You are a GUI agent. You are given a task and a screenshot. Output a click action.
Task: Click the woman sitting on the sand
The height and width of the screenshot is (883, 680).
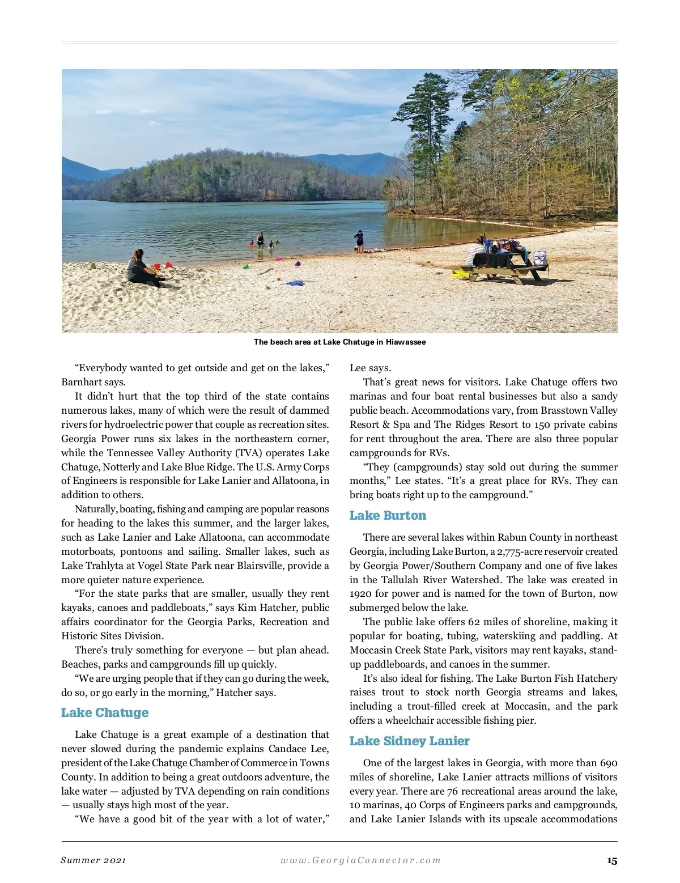pyautogui.click(x=139, y=269)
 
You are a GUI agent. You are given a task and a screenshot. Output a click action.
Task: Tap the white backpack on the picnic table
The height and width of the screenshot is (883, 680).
pyautogui.click(x=539, y=258)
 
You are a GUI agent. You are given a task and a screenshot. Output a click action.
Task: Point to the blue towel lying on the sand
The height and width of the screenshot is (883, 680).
pyautogui.click(x=295, y=283)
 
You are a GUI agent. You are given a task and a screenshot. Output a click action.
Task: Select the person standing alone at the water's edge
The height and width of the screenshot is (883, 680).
pyautogui.click(x=359, y=240)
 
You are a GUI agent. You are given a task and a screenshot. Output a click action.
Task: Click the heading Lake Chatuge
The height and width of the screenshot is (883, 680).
pyautogui.click(x=105, y=712)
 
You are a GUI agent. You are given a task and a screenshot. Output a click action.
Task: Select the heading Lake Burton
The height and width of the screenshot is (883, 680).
pyautogui.click(x=388, y=515)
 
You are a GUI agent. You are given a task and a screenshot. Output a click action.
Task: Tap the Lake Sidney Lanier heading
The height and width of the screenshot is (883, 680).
pyautogui.click(x=409, y=741)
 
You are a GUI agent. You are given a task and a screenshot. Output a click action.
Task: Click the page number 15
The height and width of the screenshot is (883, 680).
pyautogui.click(x=612, y=860)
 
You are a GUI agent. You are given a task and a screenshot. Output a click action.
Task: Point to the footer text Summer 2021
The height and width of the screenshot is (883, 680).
pyautogui.click(x=93, y=860)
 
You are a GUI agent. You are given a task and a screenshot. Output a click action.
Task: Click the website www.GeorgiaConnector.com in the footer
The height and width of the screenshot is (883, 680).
pyautogui.click(x=360, y=860)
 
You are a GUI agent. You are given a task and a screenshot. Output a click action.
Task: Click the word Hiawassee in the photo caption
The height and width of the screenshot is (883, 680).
pyautogui.click(x=406, y=342)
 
